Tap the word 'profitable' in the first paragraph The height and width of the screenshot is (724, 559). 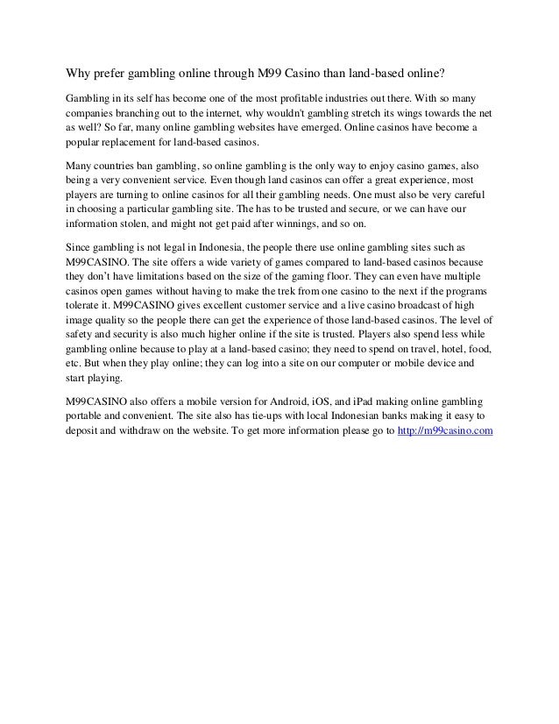[314, 97]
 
